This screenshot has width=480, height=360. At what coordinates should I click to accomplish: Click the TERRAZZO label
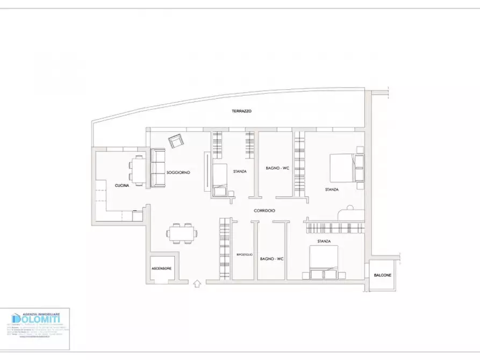(x=242, y=111)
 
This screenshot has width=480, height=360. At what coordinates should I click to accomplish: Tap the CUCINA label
(x=121, y=185)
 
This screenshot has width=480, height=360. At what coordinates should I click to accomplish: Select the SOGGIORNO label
(x=178, y=172)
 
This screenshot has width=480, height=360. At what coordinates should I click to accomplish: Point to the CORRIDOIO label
(x=264, y=211)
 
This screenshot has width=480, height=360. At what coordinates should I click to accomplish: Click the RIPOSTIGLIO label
(x=245, y=254)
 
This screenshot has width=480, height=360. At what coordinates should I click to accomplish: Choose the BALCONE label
(x=382, y=276)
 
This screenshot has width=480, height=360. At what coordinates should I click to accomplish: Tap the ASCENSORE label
(x=161, y=268)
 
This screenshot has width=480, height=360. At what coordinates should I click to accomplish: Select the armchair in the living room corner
(x=175, y=141)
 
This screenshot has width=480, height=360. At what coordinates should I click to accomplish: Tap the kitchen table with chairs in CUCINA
(x=138, y=170)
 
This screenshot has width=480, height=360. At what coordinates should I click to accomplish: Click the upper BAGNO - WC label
(x=277, y=168)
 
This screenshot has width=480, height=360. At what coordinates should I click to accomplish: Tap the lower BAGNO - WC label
(x=271, y=259)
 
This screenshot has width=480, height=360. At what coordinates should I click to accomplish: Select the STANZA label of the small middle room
(x=240, y=171)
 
